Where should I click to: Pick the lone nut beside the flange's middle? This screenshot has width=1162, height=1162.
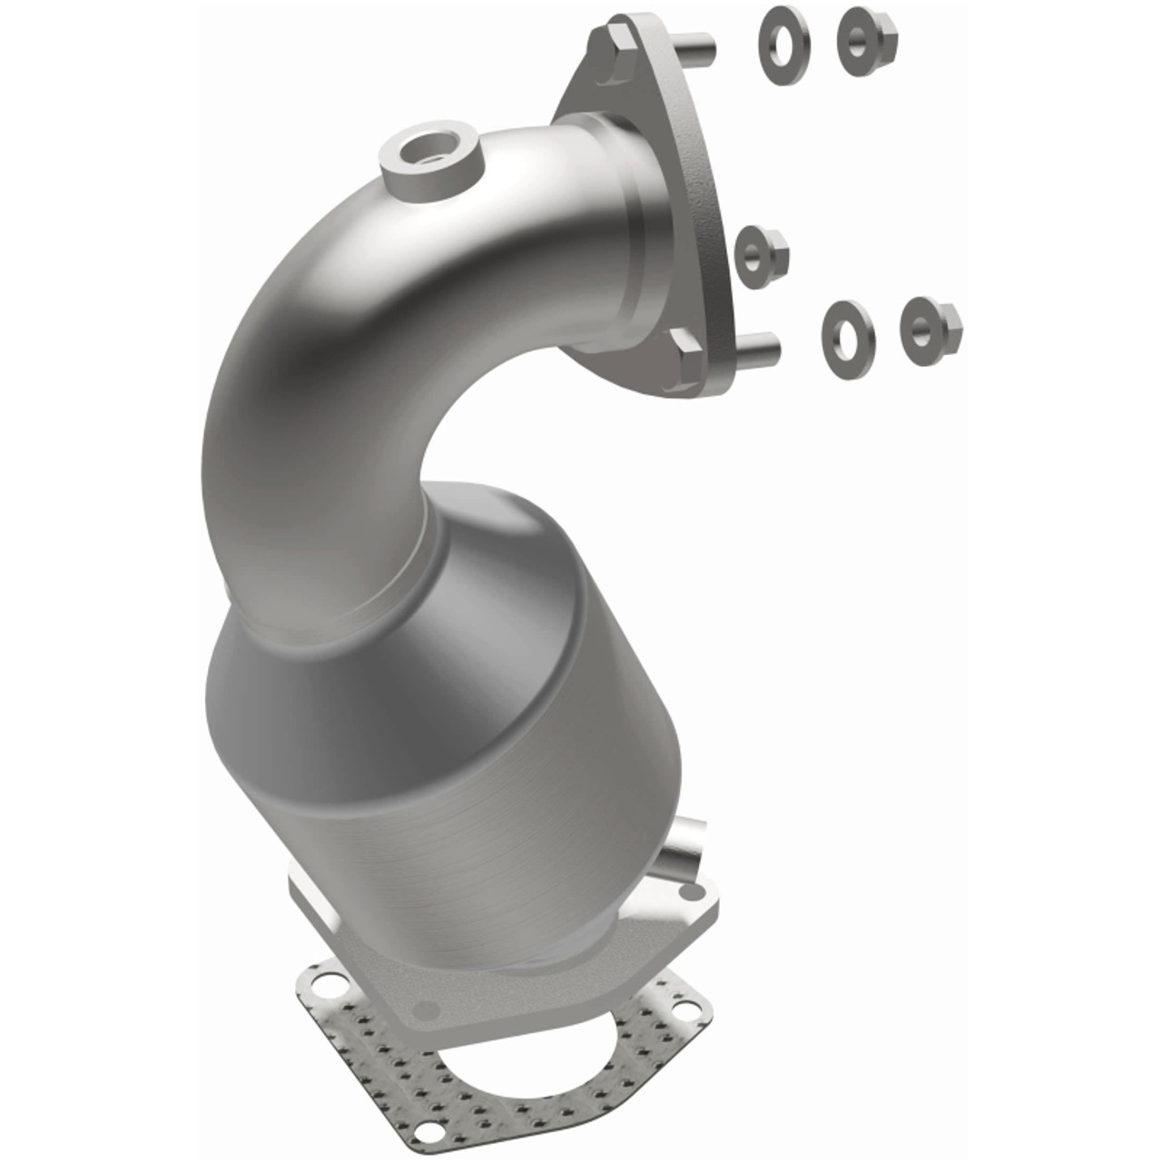(x=758, y=251)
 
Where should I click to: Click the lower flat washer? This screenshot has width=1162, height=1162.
(x=848, y=328)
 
